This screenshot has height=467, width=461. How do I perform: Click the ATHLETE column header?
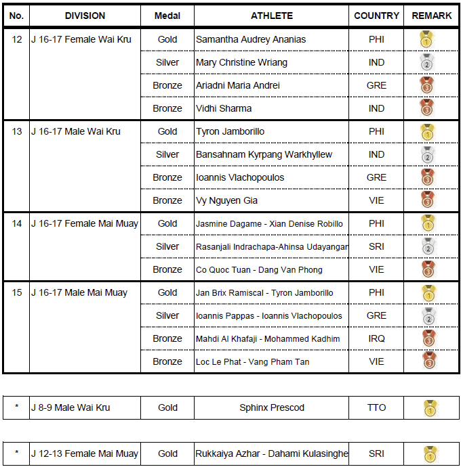tap(272, 16)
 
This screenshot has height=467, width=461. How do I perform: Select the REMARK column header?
tap(432, 16)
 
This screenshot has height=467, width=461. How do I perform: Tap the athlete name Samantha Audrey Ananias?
tap(250, 39)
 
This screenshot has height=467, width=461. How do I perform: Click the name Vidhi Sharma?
tap(224, 108)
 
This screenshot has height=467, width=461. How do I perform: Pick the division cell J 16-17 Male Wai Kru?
tap(76, 131)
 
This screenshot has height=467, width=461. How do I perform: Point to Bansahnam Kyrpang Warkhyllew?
tap(264, 154)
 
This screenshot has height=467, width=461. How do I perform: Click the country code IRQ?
tap(376, 338)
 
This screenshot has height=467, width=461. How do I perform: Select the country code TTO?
tap(376, 407)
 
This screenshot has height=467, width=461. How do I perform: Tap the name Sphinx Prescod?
tap(272, 407)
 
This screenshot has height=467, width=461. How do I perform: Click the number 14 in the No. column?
tap(17, 223)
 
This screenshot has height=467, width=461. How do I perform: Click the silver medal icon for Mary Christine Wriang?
tap(427, 63)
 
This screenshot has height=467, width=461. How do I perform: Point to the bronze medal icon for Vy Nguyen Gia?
tap(427, 201)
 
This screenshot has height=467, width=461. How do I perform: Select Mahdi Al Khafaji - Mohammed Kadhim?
tap(268, 338)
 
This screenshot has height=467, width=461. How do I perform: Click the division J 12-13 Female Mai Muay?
tap(85, 453)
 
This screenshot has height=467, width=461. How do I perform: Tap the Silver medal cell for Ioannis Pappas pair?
tap(167, 315)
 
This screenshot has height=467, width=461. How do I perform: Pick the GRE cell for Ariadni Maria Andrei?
tap(376, 85)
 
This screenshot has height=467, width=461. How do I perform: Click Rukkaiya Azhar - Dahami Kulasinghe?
tap(272, 453)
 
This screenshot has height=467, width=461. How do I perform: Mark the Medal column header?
tap(167, 16)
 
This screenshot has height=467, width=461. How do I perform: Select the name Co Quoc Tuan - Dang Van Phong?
tap(259, 269)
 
